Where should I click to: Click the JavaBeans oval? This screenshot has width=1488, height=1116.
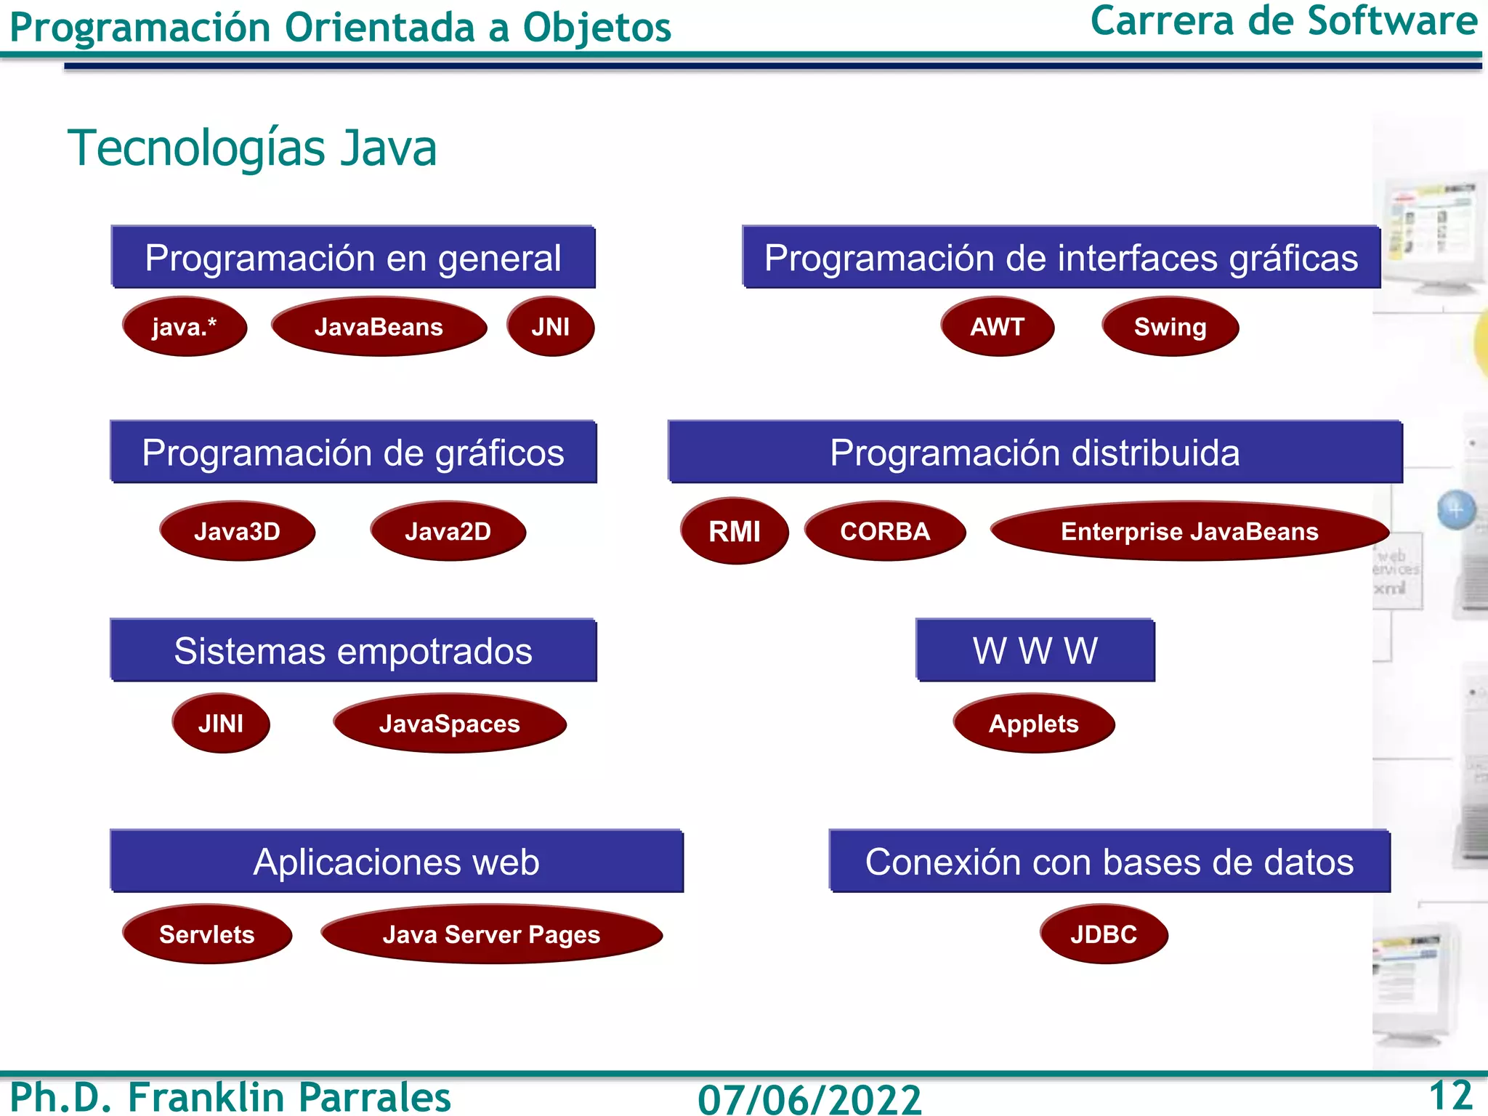(x=379, y=327)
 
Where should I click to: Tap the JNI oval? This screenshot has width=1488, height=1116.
(x=550, y=327)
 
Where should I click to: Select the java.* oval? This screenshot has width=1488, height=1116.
(x=185, y=327)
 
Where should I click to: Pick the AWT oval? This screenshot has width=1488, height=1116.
(x=997, y=327)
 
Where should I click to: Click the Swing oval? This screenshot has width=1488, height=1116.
(x=1170, y=327)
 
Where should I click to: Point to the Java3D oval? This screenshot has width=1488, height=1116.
(x=237, y=531)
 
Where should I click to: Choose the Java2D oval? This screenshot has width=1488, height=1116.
(x=448, y=531)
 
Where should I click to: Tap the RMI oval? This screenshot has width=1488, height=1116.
(x=735, y=531)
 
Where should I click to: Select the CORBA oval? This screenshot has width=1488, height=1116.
(x=885, y=531)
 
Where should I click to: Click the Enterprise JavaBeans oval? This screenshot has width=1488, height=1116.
(x=1189, y=531)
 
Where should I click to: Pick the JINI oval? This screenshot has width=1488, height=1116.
(x=221, y=724)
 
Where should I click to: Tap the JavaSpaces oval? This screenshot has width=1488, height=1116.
(x=450, y=724)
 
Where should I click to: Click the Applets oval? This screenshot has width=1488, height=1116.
(x=1033, y=724)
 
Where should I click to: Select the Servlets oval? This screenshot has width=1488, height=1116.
(x=207, y=934)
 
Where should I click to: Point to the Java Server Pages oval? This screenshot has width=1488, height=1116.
(x=492, y=934)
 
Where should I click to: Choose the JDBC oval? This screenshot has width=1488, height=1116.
(x=1104, y=934)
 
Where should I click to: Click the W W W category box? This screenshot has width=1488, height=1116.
(x=1035, y=650)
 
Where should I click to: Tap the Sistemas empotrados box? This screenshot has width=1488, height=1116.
(x=353, y=650)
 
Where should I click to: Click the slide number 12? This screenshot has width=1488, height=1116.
(x=1450, y=1095)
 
